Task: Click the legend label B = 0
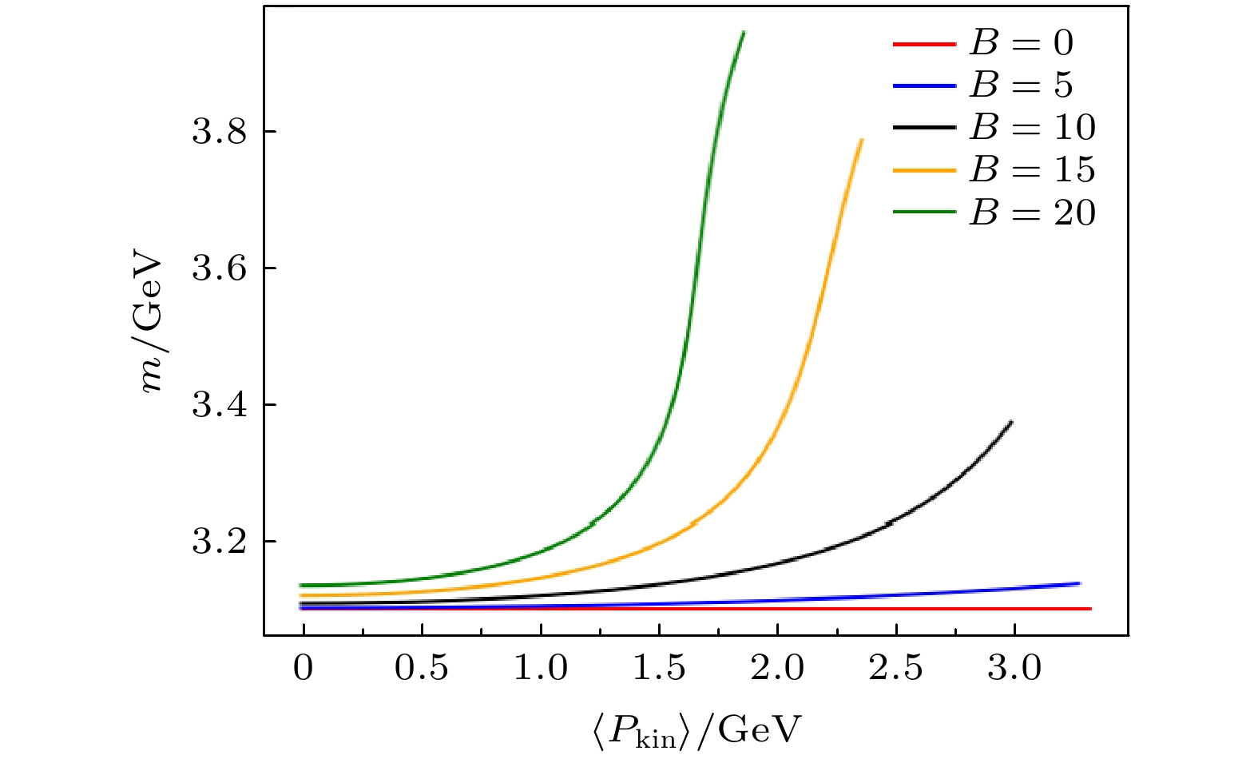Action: (x=1021, y=43)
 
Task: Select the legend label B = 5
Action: (x=1021, y=85)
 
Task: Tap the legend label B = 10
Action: (x=1032, y=128)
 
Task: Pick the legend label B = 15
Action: (x=1032, y=170)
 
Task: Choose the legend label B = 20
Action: (x=1032, y=213)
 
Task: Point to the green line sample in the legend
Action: (x=924, y=213)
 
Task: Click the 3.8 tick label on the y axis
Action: (x=218, y=132)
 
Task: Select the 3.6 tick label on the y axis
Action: (x=218, y=268)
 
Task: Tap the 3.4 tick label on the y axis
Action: (x=218, y=405)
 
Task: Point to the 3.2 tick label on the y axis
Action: (x=218, y=542)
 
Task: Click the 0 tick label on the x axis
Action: (x=304, y=668)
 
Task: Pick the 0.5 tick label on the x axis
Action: (x=422, y=668)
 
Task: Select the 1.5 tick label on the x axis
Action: (x=658, y=668)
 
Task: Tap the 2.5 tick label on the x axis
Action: (x=895, y=668)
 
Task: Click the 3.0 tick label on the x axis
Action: (x=1014, y=668)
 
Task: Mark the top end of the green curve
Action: (x=744, y=33)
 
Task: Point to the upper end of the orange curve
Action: (x=862, y=140)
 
